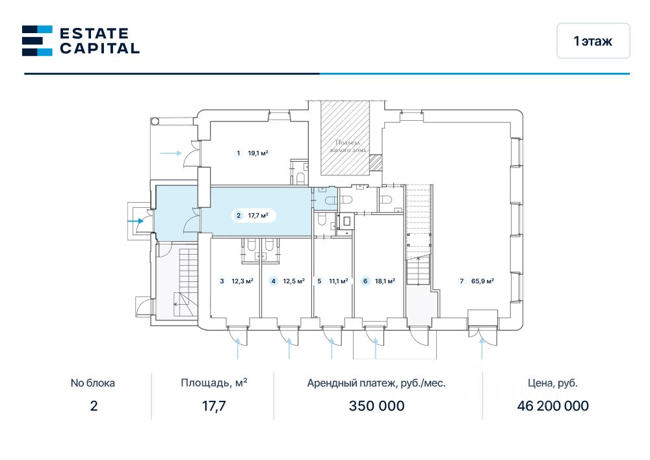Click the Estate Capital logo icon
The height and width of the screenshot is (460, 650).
[x=37, y=40]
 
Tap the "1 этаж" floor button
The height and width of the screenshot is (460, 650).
[x=593, y=41]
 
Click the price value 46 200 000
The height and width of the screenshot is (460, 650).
[x=552, y=406]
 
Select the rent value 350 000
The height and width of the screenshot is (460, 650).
[x=376, y=406]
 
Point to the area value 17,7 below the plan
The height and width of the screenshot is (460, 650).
[x=214, y=406]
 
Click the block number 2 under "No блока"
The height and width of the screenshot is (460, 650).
[x=93, y=406]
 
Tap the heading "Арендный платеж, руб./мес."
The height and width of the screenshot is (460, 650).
[x=376, y=383]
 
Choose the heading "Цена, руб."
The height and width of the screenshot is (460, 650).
[x=552, y=383]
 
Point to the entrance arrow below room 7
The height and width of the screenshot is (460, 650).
[x=482, y=350]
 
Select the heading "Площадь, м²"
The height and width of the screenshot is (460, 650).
[x=214, y=383]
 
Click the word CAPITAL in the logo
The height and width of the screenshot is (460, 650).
[x=99, y=48]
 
